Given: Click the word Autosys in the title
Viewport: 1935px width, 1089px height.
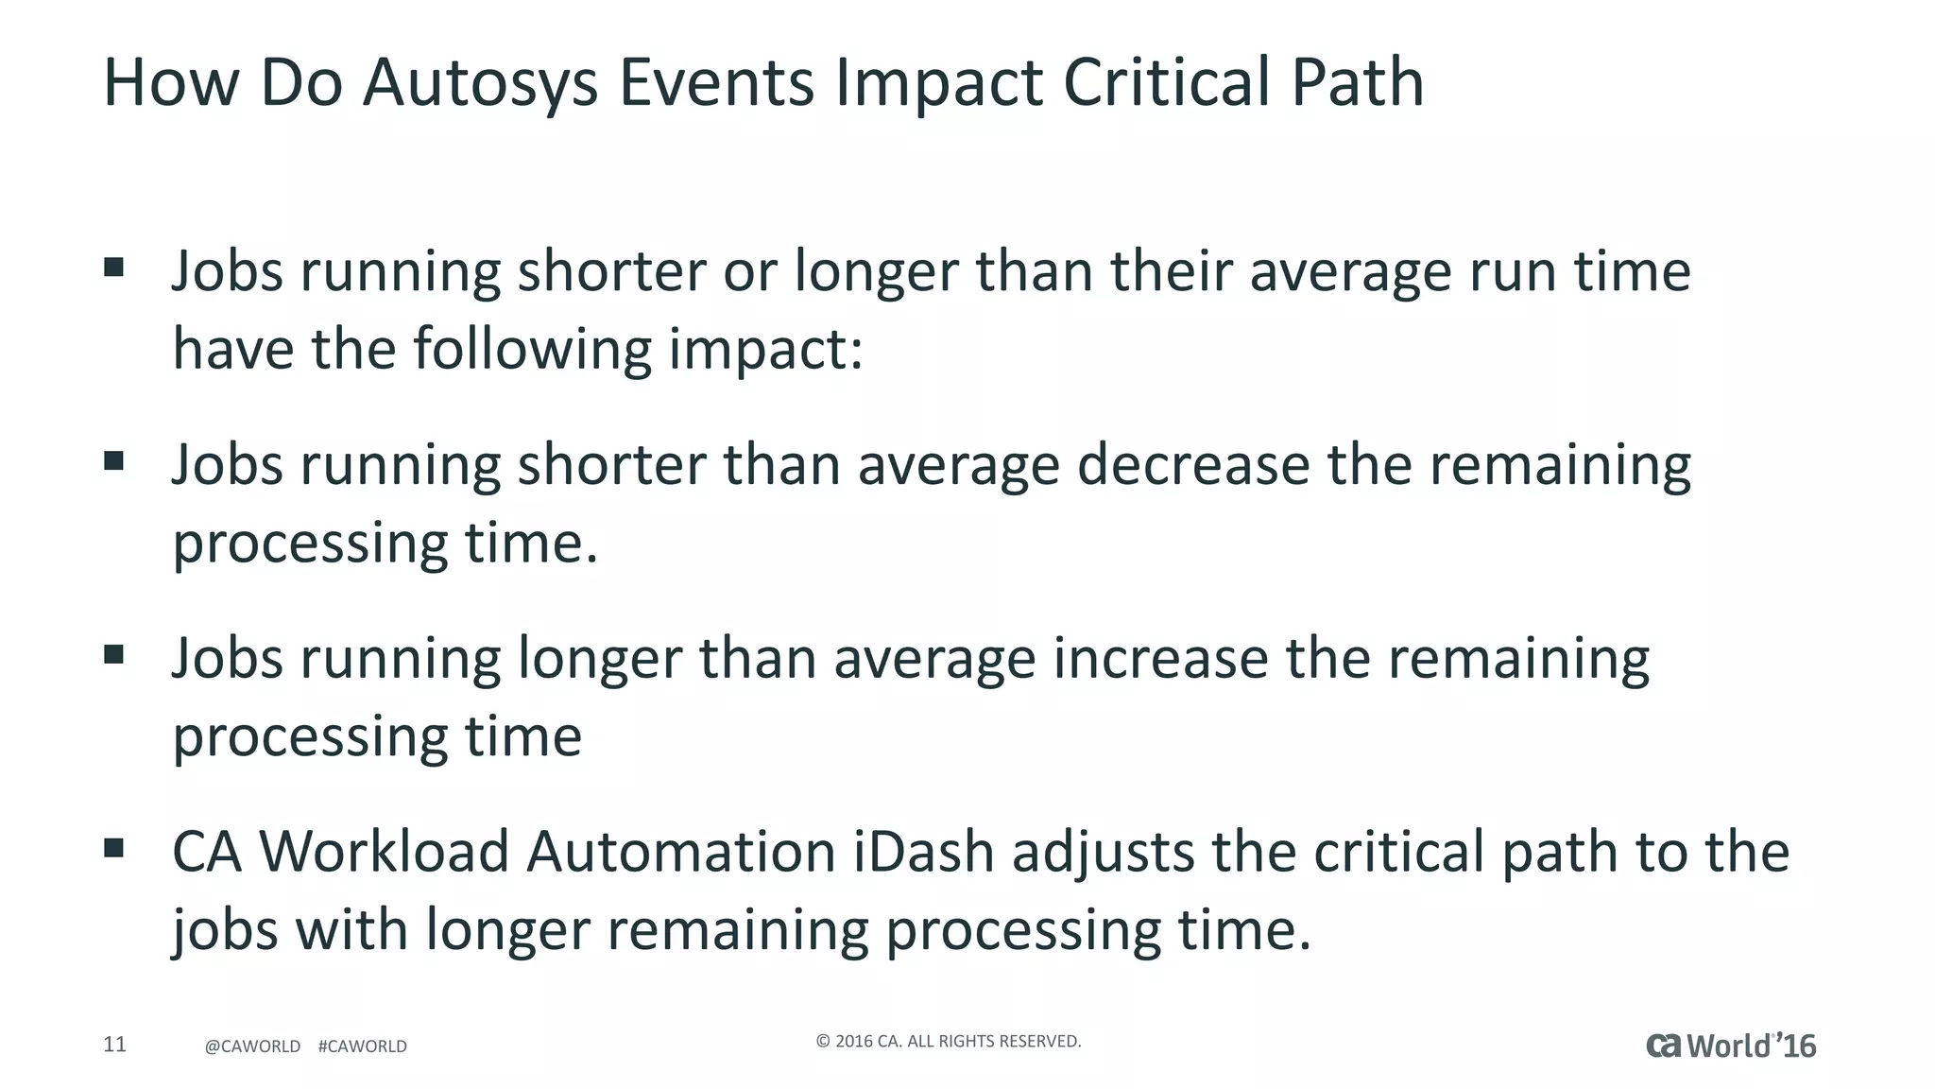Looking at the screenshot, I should (480, 83).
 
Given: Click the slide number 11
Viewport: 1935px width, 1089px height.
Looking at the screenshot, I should (114, 1045).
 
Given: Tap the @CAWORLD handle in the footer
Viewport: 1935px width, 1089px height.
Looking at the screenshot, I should (252, 1046).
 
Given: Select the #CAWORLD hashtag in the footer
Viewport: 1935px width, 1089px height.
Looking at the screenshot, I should (363, 1046).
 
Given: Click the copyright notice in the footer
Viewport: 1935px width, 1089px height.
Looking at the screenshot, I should (948, 1042).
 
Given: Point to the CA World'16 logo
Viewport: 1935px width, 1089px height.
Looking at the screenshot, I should (1731, 1046).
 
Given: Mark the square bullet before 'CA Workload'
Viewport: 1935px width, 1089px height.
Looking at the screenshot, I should (114, 847).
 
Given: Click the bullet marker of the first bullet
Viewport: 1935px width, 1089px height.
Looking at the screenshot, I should (114, 268).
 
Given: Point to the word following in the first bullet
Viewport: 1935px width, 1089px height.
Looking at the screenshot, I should (532, 350).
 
